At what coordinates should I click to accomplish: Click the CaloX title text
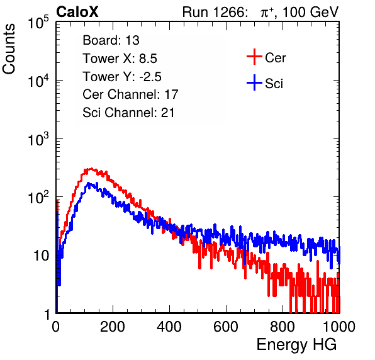[x=77, y=12]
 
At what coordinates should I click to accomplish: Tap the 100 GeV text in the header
[x=311, y=12]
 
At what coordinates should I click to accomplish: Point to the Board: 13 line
[x=111, y=40]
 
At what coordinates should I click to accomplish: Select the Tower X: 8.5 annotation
[x=120, y=59]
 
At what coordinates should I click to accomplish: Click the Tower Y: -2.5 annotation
[x=122, y=77]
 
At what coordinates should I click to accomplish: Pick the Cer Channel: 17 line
[x=131, y=94]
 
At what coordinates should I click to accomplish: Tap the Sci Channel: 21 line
[x=128, y=113]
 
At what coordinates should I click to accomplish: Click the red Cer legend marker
[x=254, y=57]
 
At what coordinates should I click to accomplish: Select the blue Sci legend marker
[x=254, y=82]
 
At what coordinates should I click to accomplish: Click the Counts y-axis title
[x=9, y=49]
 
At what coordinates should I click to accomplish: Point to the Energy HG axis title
[x=296, y=345]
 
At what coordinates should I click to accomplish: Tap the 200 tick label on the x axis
[x=113, y=327]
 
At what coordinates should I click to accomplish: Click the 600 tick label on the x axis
[x=226, y=327]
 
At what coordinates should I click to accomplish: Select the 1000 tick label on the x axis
[x=339, y=327]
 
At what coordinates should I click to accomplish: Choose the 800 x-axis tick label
[x=283, y=327]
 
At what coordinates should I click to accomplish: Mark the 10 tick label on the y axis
[x=42, y=256]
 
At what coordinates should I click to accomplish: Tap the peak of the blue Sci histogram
[x=89, y=183]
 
